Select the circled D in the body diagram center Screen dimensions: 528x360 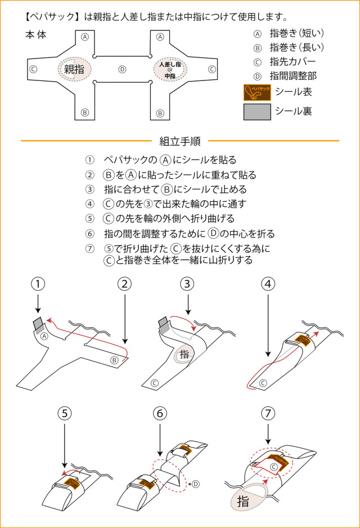click(122, 69)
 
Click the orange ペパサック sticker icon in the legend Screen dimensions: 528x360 click(256, 92)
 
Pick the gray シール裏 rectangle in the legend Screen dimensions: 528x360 click(256, 112)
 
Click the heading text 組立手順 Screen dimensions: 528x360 click(179, 141)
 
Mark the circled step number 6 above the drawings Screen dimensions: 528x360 click(160, 413)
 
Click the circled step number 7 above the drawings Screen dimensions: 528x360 click(268, 413)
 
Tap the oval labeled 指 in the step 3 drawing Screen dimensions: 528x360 click(184, 355)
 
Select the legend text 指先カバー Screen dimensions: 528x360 click(292, 62)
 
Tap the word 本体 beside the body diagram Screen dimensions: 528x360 click(35, 35)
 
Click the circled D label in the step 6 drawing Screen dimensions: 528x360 click(196, 483)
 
